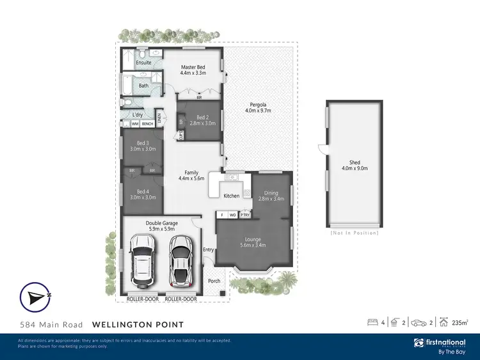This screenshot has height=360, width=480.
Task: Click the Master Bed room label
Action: [x=193, y=67]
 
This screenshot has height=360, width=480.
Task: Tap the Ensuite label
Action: [x=143, y=63]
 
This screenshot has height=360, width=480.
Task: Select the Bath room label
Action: [x=143, y=86]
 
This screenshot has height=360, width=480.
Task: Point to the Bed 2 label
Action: [x=202, y=117]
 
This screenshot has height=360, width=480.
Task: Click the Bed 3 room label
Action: [x=143, y=143]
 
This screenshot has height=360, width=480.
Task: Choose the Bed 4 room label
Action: [x=143, y=191]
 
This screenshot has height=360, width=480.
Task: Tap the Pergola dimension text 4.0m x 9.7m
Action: [x=259, y=111]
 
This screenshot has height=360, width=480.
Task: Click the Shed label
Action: [x=355, y=162]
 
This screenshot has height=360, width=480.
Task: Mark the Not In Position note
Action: [x=354, y=233]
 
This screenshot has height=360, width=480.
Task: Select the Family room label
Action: [x=191, y=173]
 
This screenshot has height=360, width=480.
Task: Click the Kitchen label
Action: [x=232, y=196]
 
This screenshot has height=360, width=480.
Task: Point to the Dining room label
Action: [x=271, y=192]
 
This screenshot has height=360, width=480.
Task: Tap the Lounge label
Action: [x=253, y=239]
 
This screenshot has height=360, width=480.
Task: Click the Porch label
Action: [x=214, y=281]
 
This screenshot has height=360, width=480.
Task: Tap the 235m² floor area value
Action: [x=460, y=323]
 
